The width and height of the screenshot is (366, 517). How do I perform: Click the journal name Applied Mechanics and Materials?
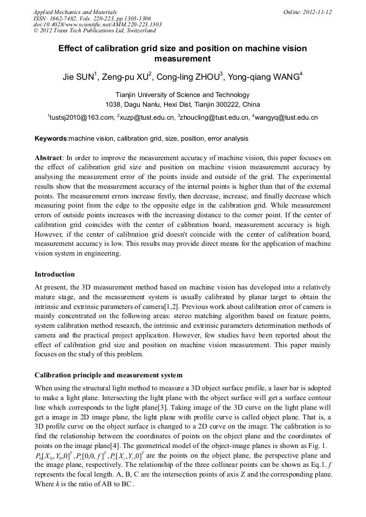[x=74, y=12]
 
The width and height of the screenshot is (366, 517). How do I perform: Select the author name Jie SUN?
[x=79, y=78]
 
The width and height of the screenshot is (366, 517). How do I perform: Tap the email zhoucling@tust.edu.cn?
[x=214, y=117]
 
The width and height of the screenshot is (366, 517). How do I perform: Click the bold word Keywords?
[x=51, y=139]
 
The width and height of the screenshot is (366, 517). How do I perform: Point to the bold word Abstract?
[x=49, y=158]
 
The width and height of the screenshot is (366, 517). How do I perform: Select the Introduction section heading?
[x=55, y=274]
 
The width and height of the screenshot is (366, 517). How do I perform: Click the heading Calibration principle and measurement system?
[x=109, y=375]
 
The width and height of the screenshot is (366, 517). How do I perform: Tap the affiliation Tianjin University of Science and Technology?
[x=182, y=95]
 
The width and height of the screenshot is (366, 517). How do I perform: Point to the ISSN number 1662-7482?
[x=64, y=18]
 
